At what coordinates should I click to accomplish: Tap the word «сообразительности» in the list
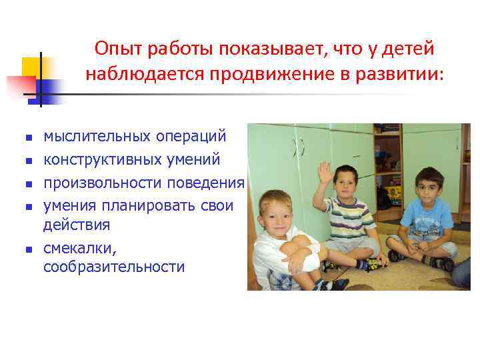(114, 267)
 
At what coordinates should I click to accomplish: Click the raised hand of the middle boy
(325, 174)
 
